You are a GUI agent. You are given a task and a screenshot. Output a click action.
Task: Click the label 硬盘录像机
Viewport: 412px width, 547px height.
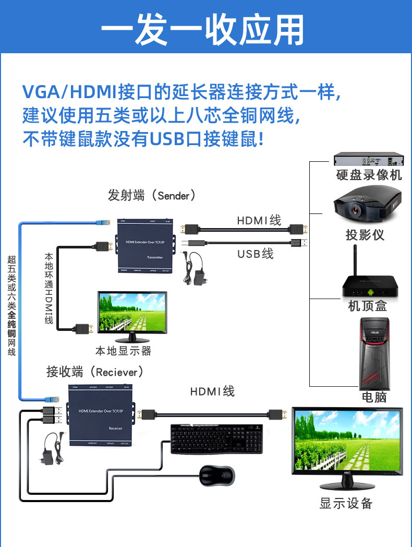coord(369,175)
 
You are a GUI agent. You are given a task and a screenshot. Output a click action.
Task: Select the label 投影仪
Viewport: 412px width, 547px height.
coord(365,235)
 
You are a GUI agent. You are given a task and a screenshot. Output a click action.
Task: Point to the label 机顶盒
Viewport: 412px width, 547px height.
coord(367,306)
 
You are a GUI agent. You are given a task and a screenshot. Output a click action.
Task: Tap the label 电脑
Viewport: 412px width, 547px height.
coord(374,397)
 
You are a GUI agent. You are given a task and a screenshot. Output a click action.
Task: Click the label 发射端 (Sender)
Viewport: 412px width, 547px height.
coord(151,196)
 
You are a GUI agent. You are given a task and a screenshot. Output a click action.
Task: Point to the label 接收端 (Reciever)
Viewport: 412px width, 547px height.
coord(94,372)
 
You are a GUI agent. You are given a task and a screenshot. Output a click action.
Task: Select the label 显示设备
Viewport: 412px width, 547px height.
coord(346,503)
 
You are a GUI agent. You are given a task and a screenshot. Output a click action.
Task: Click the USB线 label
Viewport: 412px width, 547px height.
coord(255,254)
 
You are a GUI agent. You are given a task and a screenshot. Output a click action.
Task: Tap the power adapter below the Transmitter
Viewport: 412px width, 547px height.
coord(198,271)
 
